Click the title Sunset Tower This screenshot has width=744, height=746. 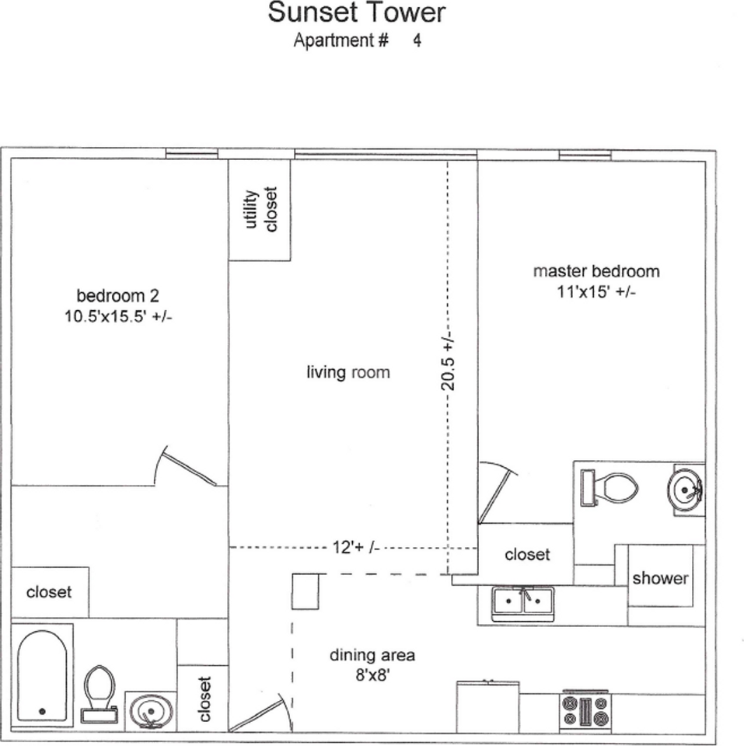(x=357, y=13)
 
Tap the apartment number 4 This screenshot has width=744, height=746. (x=417, y=41)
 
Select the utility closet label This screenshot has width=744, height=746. (x=260, y=210)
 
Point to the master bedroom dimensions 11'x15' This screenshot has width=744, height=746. (x=596, y=292)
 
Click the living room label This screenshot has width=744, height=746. (x=348, y=373)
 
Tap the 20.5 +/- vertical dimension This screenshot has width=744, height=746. (x=448, y=361)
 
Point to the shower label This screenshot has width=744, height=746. (x=659, y=579)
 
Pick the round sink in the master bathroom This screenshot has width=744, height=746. (x=685, y=490)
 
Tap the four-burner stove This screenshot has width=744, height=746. (x=586, y=709)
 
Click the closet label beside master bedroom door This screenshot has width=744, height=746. (x=526, y=555)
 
